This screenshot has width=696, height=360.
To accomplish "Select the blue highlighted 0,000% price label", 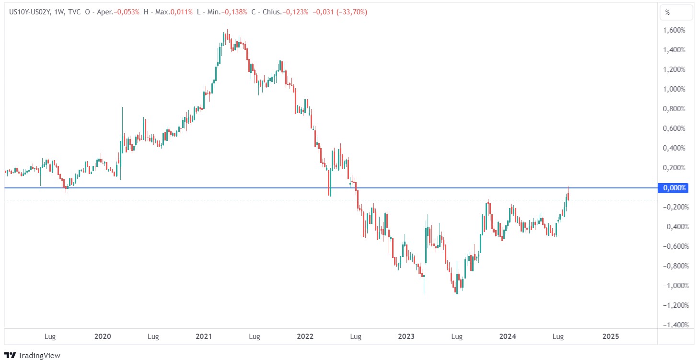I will pyautogui.click(x=674, y=188).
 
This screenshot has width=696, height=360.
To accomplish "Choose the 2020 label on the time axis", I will pyautogui.click(x=103, y=337).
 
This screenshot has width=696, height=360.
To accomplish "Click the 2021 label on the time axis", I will pyautogui.click(x=204, y=337).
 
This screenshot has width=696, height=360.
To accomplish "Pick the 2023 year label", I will pyautogui.click(x=406, y=337).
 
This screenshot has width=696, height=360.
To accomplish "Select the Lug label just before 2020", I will pyautogui.click(x=50, y=337).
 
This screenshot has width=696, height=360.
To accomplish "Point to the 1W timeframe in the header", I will pyautogui.click(x=58, y=12).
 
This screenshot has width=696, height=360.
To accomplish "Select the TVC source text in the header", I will pyautogui.click(x=73, y=12).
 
